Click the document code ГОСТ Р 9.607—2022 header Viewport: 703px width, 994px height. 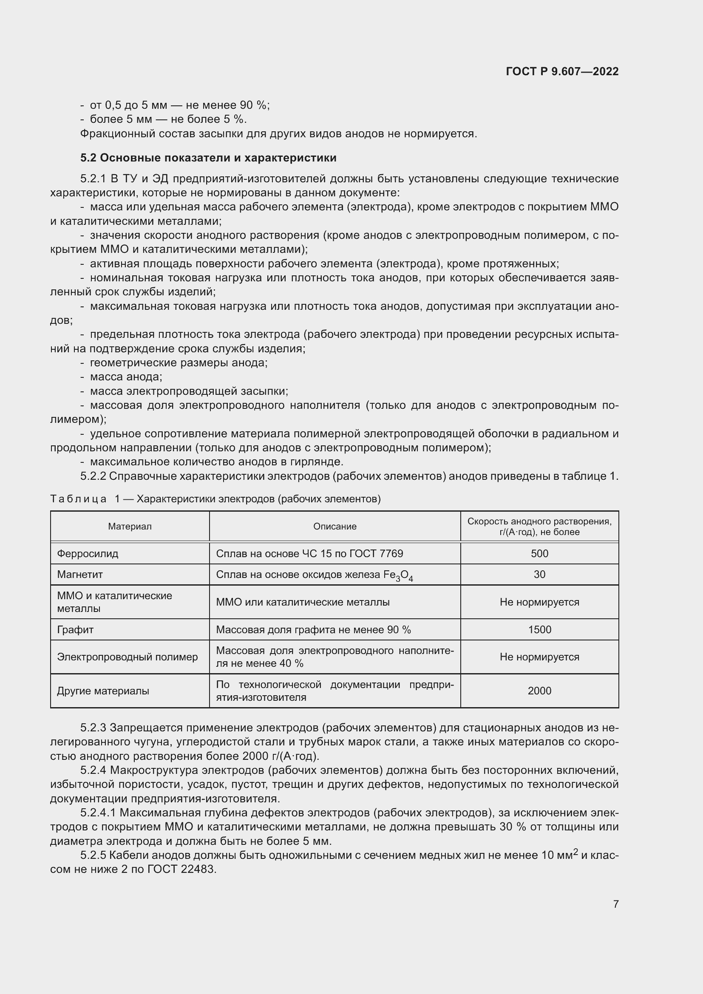(562, 71)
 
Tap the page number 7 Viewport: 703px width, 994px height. (615, 904)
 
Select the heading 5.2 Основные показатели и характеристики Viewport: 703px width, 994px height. (208, 158)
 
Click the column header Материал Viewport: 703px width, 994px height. (130, 527)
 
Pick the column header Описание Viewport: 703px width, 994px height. (334, 527)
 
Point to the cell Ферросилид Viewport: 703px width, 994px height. (88, 553)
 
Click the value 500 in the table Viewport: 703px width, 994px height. (539, 553)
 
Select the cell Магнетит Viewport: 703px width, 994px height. (80, 575)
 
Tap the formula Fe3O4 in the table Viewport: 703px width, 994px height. (398, 575)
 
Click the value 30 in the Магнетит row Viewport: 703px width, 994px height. (539, 575)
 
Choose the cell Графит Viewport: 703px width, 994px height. (75, 629)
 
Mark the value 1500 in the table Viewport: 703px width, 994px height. (539, 629)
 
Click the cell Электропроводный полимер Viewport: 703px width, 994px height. (127, 657)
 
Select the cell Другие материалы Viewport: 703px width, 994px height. (103, 691)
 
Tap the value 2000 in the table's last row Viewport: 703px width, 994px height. (539, 691)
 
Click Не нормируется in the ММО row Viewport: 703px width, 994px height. (539, 602)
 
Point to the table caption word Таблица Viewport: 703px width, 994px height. (78, 499)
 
